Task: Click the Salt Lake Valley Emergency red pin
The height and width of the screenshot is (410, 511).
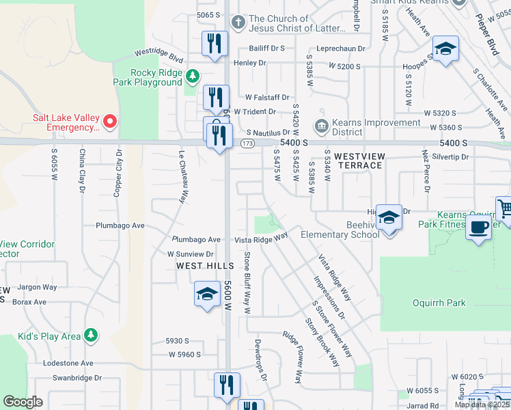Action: (109, 123)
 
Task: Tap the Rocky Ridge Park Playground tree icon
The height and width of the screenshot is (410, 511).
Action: (193, 74)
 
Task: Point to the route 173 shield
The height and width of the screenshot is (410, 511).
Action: (247, 143)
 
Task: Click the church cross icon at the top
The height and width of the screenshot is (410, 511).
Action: (238, 23)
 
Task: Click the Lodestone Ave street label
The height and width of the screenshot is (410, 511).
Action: (68, 364)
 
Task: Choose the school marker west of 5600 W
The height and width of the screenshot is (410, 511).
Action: (207, 295)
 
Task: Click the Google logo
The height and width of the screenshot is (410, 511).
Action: (23, 402)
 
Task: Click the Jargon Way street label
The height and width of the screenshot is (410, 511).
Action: (38, 287)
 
